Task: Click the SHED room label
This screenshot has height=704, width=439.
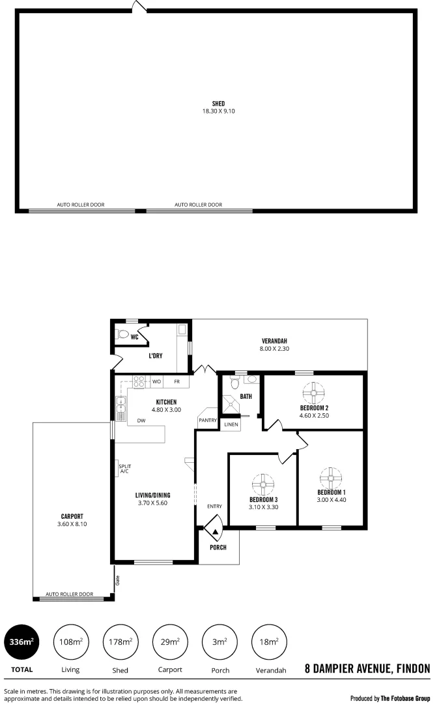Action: [218, 104]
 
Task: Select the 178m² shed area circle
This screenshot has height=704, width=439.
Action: [120, 642]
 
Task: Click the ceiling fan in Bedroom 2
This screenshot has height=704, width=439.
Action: [313, 392]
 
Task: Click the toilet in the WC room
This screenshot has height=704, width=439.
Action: [121, 335]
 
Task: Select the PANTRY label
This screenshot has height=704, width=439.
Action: [208, 420]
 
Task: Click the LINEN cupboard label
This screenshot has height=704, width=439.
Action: [231, 424]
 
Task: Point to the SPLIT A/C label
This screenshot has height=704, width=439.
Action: [124, 468]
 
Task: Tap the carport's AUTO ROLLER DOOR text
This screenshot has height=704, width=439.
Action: [69, 594]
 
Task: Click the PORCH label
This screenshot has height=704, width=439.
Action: [218, 548]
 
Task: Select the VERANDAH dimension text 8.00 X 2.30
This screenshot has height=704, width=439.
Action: [274, 349]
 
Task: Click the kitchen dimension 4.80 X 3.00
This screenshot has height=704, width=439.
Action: [167, 409]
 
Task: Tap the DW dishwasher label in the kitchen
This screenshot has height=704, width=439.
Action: [141, 420]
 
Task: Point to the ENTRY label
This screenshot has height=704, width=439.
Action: [214, 506]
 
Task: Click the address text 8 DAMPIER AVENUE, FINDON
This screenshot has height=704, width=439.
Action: [367, 668]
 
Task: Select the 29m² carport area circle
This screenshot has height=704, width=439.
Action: [169, 642]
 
